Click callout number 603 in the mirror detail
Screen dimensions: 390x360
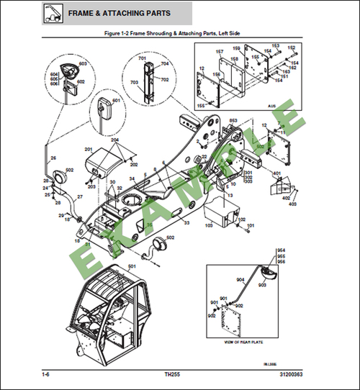83,64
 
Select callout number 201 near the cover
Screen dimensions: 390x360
89,149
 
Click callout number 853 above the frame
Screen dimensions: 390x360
233,120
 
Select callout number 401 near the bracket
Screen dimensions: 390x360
276,173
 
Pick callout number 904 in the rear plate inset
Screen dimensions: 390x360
240,281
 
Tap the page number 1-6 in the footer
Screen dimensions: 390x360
46,374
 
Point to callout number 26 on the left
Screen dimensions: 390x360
53,158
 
